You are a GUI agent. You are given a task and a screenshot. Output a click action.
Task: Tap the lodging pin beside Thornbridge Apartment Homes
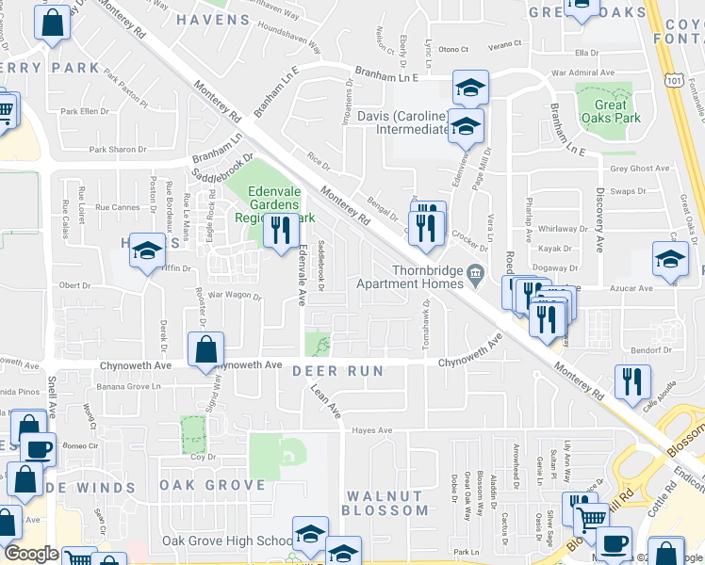click(x=474, y=275)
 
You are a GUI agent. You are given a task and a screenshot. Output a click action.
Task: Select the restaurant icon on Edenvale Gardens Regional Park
click(x=280, y=230)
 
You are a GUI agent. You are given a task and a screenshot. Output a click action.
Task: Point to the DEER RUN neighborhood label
click(x=337, y=371)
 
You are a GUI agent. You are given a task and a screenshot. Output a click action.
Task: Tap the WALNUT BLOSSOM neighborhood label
click(x=385, y=503)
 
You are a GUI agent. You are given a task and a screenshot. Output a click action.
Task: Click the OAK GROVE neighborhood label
click(x=212, y=485)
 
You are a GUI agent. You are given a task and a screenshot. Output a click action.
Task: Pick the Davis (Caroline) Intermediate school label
click(x=402, y=122)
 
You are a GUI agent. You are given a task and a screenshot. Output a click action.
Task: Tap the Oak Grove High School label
click(x=227, y=541)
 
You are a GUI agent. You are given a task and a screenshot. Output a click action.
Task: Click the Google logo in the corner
click(x=30, y=554)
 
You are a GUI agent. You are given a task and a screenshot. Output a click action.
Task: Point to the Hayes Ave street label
click(x=371, y=430)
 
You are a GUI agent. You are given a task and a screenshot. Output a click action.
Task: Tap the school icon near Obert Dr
click(x=147, y=251)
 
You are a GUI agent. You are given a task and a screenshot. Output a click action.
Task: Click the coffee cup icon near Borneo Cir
click(x=39, y=449)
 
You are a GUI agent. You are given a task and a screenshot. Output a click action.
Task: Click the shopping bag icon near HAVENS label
click(x=53, y=23)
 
